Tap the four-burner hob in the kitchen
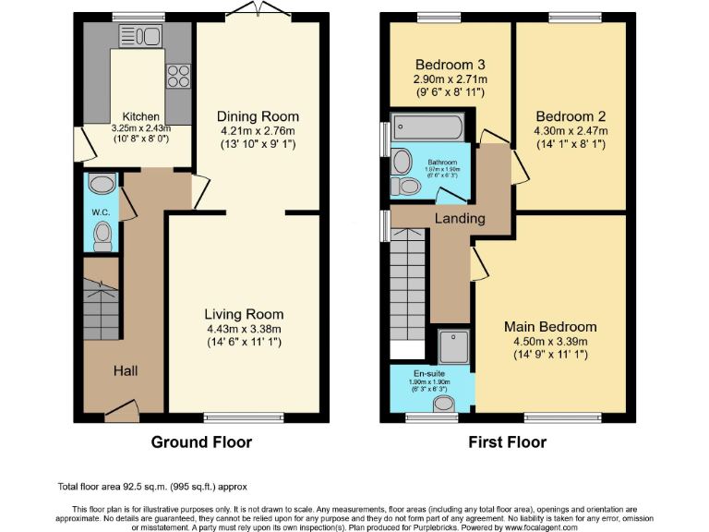point(177,74)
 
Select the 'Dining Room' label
point(258,116)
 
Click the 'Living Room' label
point(244,314)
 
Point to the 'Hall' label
point(126,370)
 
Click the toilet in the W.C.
point(102,236)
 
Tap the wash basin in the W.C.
point(102,183)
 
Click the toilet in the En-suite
point(445,403)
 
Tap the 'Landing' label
point(460,218)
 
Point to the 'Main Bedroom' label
point(550,327)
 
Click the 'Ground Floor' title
point(201,442)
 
